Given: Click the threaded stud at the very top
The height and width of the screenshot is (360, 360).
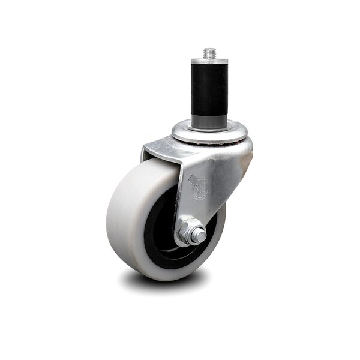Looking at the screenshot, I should click(x=210, y=53).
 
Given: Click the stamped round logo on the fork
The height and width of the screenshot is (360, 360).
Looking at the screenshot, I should click(x=200, y=189).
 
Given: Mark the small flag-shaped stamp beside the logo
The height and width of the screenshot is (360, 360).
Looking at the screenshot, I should click(x=191, y=179).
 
